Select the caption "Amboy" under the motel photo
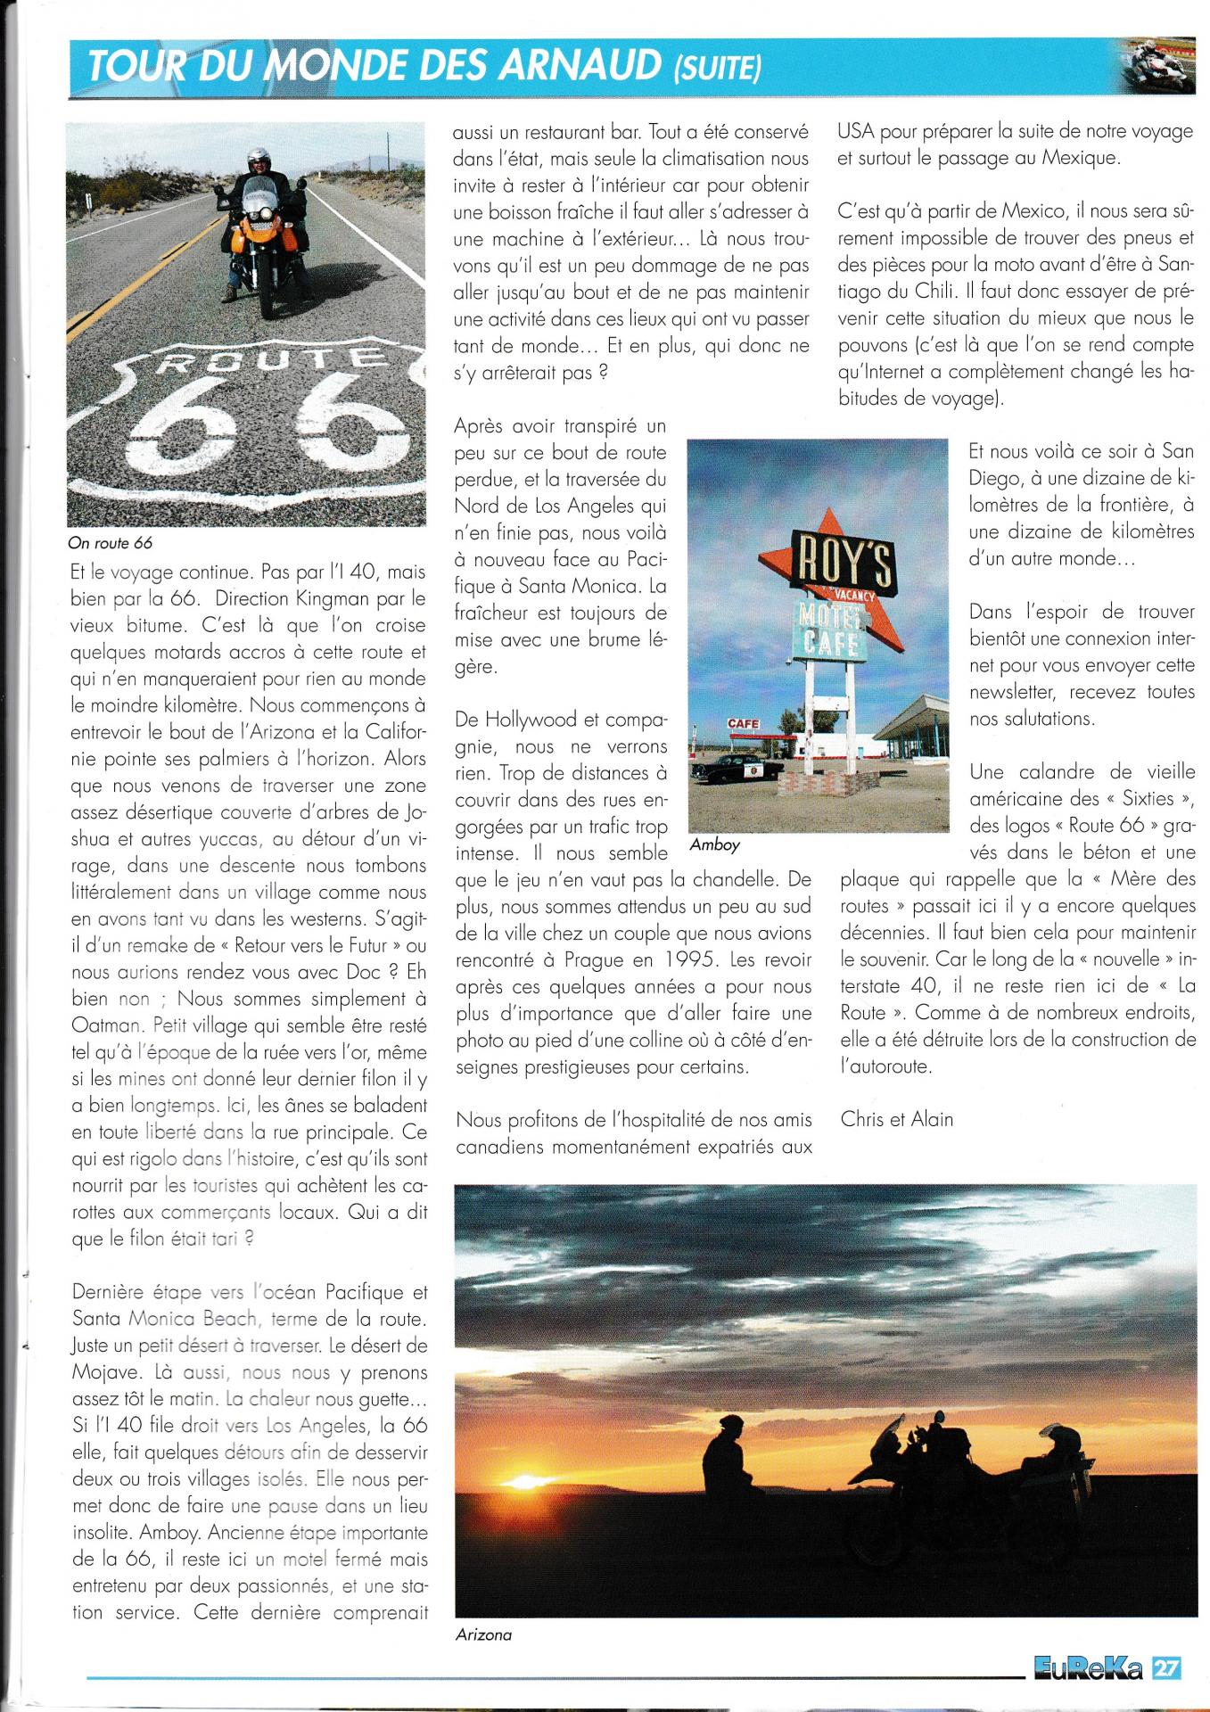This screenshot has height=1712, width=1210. pyautogui.click(x=715, y=844)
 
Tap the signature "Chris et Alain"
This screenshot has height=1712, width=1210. pyautogui.click(x=896, y=1119)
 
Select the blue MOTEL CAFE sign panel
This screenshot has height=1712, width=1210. pyautogui.click(x=830, y=628)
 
